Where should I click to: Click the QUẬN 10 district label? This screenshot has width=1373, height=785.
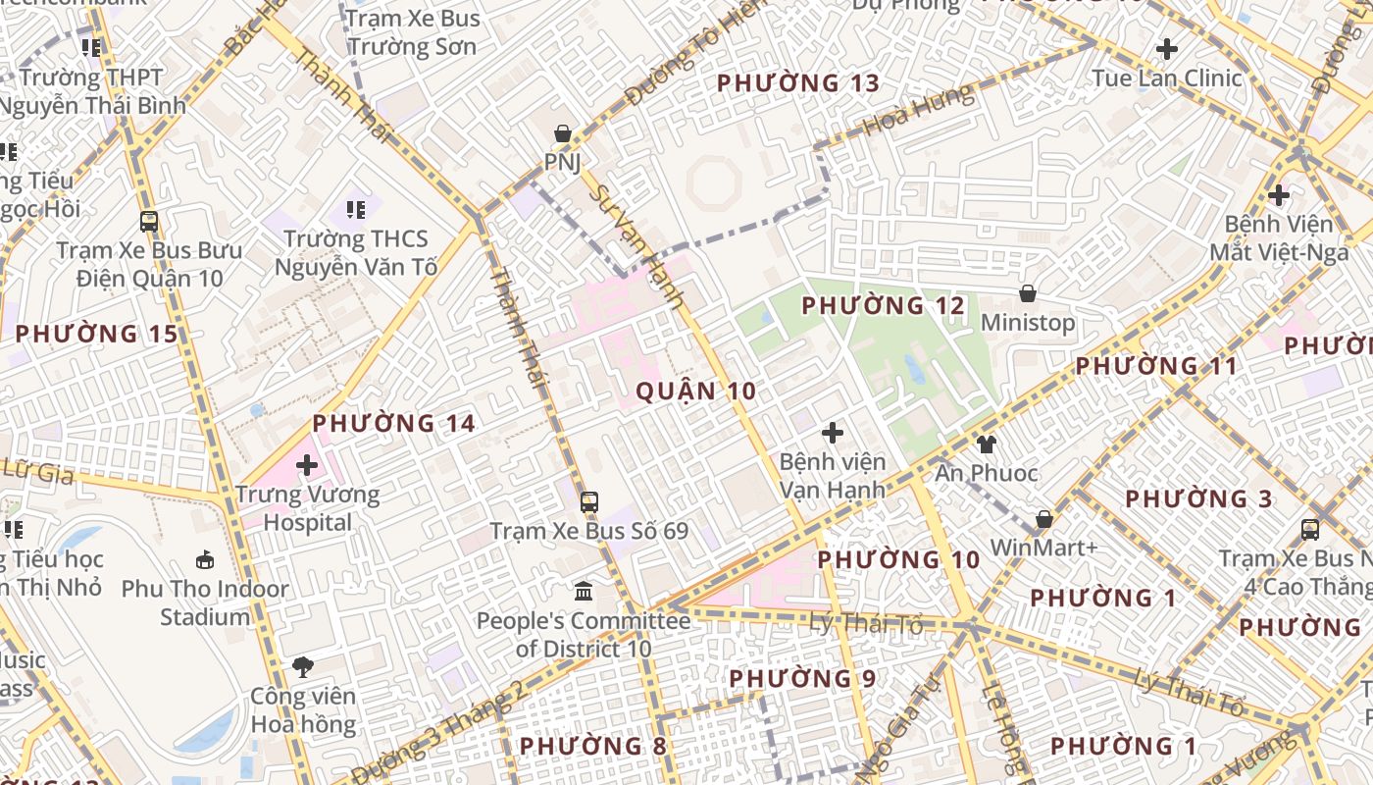click(x=695, y=392)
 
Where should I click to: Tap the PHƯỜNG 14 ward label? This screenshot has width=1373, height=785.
click(x=393, y=424)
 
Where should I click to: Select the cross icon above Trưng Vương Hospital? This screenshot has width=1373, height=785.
click(x=307, y=464)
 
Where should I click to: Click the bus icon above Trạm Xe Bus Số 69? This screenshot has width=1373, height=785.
click(x=588, y=502)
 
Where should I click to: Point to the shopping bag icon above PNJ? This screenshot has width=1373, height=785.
click(x=563, y=133)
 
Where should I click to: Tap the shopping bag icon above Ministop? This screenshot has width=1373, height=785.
click(x=1027, y=293)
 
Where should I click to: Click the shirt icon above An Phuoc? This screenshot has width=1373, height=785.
click(x=986, y=445)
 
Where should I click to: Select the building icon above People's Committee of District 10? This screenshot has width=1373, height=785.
click(x=584, y=591)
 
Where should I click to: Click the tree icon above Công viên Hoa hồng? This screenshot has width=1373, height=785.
click(x=303, y=667)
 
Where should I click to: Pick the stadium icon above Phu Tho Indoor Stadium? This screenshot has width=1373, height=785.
click(x=204, y=560)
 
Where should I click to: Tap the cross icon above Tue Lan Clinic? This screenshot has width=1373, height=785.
click(x=1167, y=48)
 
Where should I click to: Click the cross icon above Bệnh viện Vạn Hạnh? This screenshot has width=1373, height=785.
click(x=832, y=432)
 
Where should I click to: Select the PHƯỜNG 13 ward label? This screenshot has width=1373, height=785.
click(x=798, y=83)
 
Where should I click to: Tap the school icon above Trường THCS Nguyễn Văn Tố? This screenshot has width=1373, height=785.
click(x=355, y=209)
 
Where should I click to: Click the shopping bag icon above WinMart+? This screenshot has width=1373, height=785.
click(x=1043, y=518)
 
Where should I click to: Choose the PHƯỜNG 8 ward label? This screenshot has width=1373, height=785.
click(x=592, y=747)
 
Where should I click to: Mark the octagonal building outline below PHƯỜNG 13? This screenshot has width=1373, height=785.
click(x=713, y=182)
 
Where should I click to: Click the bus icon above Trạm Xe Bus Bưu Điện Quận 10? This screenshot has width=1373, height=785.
click(x=149, y=222)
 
